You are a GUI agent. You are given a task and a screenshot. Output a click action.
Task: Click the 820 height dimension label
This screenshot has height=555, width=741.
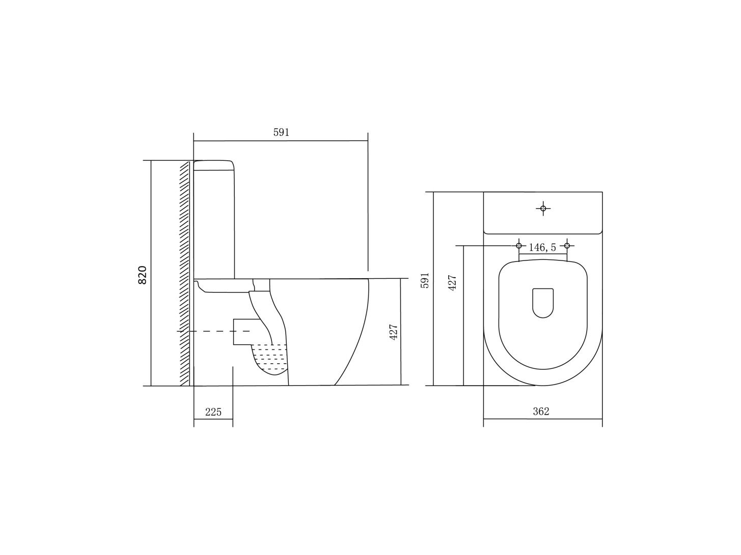pos(143,275)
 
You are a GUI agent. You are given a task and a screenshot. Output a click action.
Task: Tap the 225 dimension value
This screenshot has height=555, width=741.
pos(213,412)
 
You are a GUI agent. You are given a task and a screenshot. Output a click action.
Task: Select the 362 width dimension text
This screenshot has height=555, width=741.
pos(541,411)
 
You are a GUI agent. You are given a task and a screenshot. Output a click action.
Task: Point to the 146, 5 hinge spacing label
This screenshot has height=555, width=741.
pos(542,247)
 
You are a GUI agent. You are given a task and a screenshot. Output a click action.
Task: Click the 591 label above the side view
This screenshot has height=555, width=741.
pos(281,132)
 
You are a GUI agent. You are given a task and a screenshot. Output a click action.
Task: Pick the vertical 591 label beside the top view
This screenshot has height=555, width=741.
pos(425,280)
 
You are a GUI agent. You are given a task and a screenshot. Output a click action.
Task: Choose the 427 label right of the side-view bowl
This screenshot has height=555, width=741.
pos(394,332)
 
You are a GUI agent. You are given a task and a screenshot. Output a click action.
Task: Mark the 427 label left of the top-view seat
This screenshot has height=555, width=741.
pos(452,282)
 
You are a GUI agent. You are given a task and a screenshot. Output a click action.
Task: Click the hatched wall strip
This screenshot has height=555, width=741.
pos(185,273)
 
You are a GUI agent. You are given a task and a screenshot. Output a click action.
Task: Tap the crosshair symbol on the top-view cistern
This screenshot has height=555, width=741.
pos(543,209)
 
